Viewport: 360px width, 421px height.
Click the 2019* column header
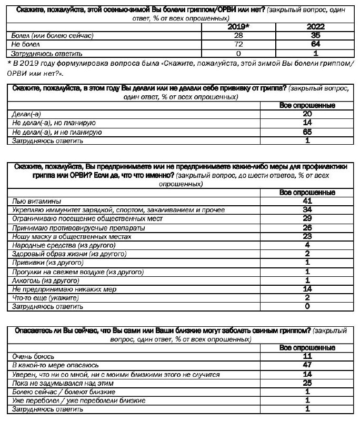tap(239, 26)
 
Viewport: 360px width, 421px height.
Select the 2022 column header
tap(315, 26)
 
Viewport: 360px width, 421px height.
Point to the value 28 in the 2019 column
tap(238, 35)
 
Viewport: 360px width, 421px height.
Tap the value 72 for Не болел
tap(238, 44)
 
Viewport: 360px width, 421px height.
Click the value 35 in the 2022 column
tap(315, 35)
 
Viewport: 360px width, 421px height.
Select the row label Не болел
tap(23, 44)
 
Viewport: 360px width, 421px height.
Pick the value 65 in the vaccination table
tap(307, 132)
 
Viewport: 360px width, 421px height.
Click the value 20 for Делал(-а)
tap(307, 114)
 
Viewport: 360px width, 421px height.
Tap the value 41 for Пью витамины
tap(307, 201)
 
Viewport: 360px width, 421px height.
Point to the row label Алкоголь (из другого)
tap(52, 280)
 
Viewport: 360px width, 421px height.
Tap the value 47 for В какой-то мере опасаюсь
tap(307, 365)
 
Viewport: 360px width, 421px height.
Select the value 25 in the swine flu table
tap(307, 383)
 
